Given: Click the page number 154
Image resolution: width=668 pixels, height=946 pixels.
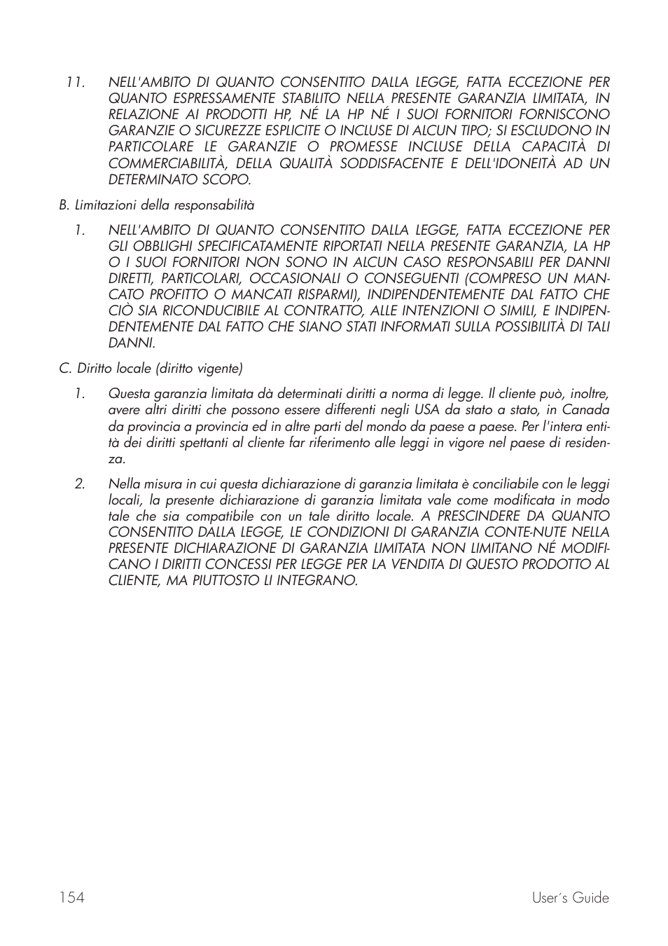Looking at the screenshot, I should tap(71, 898).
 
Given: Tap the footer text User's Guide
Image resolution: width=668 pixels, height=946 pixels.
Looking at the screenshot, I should tap(570, 898).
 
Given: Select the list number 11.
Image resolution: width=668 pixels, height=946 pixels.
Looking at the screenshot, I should tap(75, 82).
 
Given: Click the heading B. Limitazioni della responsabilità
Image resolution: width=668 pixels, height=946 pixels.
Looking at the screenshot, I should tap(156, 205).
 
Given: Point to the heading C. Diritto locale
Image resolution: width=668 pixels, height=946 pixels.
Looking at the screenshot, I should tap(151, 368).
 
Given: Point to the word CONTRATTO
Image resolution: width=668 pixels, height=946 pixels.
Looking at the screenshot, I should tap(296, 310).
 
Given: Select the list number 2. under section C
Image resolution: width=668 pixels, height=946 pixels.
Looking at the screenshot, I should tap(80, 484).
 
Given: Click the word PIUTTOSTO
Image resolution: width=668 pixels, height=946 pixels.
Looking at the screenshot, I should tap(229, 581).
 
